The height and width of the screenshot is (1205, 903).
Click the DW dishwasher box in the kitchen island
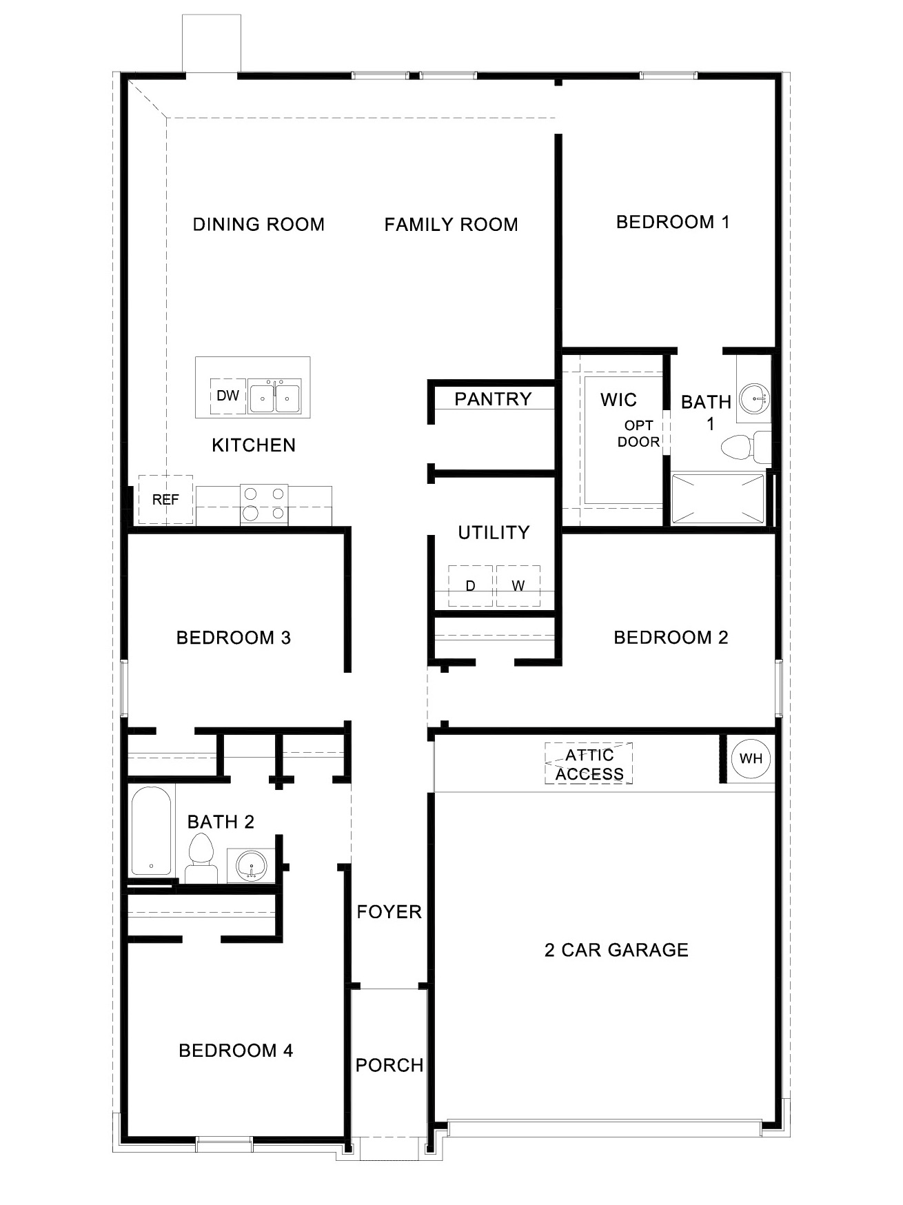coord(228,396)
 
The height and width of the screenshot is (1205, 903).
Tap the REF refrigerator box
coord(165,500)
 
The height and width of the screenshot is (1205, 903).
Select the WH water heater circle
coord(751,758)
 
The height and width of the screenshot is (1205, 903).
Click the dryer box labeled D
coord(470,586)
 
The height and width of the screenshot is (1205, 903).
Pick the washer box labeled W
coord(518,586)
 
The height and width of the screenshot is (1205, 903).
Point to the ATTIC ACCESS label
coord(589,764)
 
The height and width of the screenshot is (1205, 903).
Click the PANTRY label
coord(493,399)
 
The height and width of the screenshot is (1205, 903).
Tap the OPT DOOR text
coord(638,434)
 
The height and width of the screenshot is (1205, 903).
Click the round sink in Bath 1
coord(754,398)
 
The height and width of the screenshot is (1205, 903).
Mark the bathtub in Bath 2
coord(151,831)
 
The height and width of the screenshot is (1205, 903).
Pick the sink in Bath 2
coord(251,866)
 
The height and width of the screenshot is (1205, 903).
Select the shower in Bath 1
coord(718,498)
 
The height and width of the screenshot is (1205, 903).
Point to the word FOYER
coord(389,912)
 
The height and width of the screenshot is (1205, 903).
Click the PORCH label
coord(389,1065)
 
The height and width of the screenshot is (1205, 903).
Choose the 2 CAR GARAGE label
coord(616,950)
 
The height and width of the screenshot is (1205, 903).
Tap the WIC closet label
coord(618,400)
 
